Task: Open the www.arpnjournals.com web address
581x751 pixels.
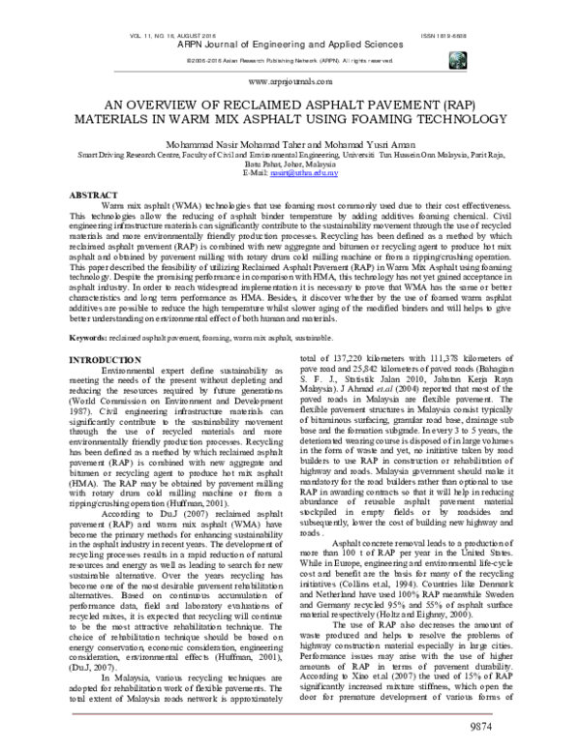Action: tap(291, 82)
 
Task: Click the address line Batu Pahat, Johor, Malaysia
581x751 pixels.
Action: tap(290, 165)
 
